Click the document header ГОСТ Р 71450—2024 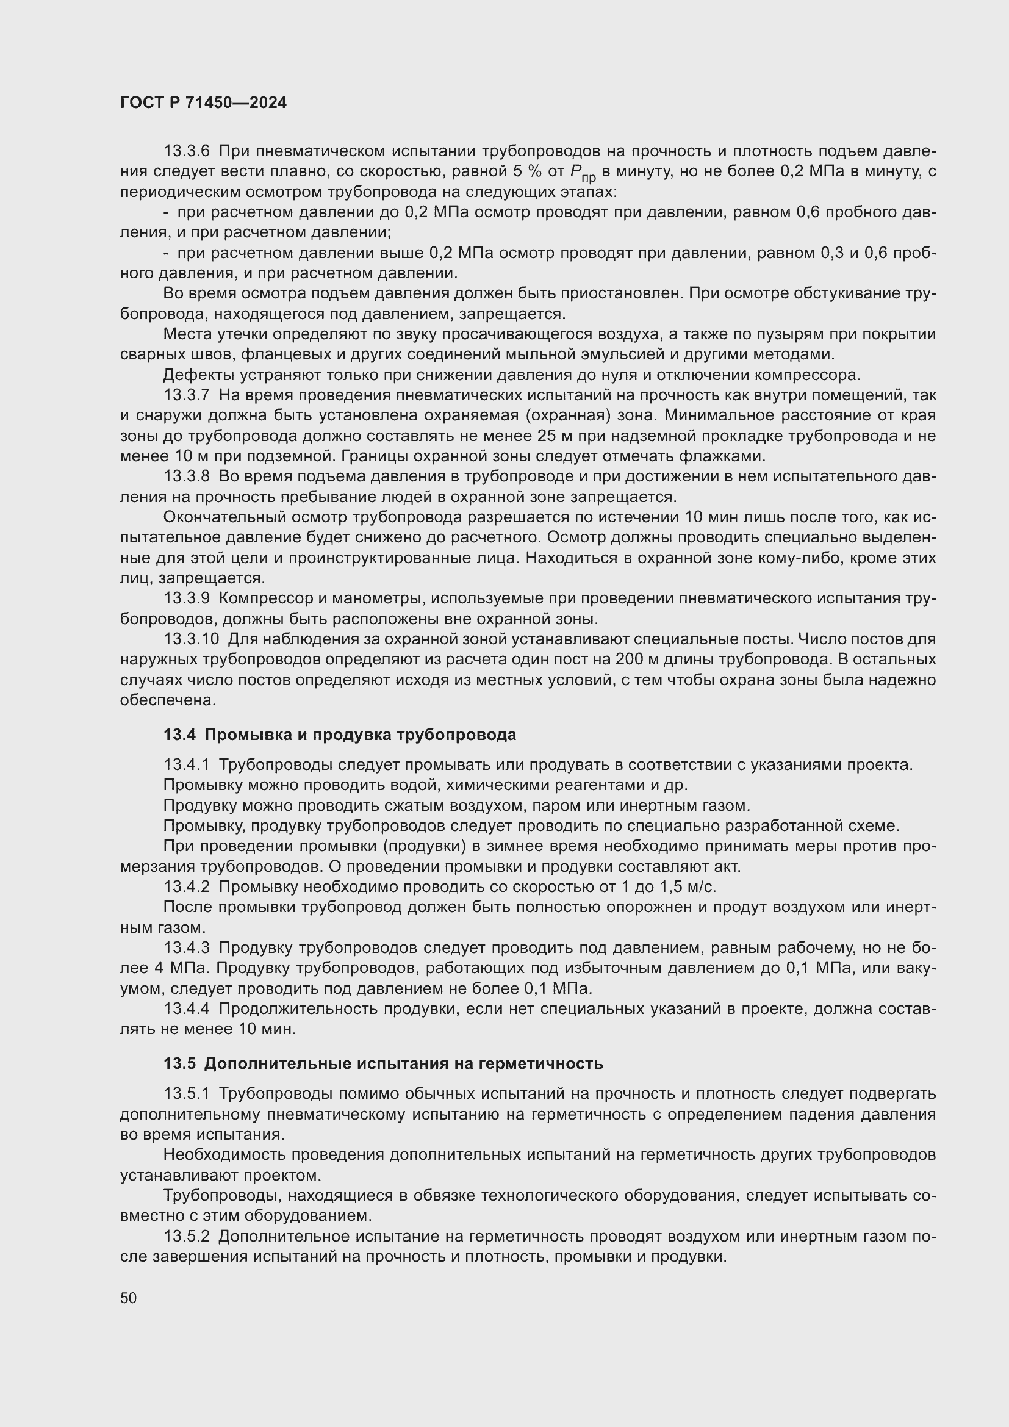[203, 103]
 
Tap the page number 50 [129, 1298]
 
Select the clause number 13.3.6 [187, 151]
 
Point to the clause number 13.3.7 [187, 395]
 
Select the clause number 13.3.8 [187, 476]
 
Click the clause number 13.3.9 [187, 598]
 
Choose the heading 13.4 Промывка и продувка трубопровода [339, 735]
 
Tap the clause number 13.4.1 [187, 765]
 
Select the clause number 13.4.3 [187, 948]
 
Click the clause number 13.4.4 [187, 1008]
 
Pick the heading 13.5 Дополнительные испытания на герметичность [383, 1063]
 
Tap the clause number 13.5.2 [187, 1236]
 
